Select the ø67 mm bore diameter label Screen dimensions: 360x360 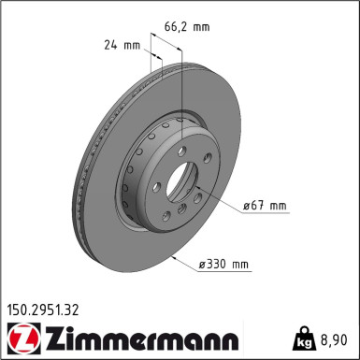257,206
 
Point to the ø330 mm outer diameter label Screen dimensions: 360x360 223,265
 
